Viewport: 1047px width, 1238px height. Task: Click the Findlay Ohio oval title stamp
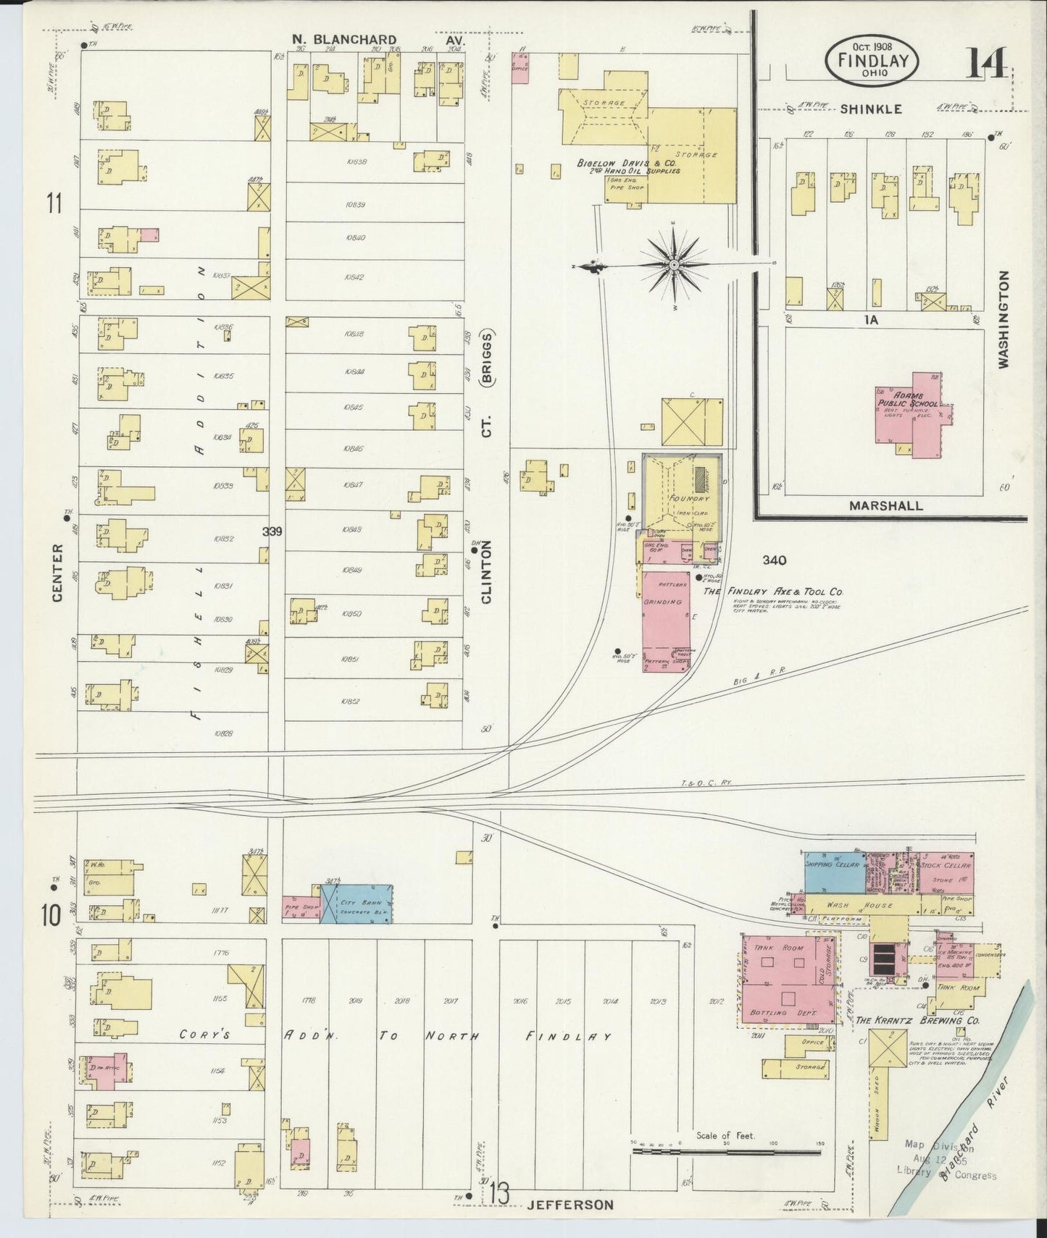[x=872, y=60]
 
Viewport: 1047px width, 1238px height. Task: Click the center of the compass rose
[x=674, y=265]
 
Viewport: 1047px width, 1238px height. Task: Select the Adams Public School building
[x=914, y=414]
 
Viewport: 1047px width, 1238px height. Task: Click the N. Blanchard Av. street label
[x=344, y=40]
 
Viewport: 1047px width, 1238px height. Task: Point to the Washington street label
[x=1004, y=319]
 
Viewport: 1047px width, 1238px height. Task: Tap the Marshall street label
[x=885, y=506]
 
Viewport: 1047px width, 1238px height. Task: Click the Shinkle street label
[x=871, y=109]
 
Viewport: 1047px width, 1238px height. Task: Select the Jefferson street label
[x=570, y=1205]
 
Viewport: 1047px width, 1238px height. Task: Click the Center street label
[x=57, y=573]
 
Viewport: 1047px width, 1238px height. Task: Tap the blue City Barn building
[x=364, y=904]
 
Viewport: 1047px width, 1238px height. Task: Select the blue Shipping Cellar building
[x=834, y=874]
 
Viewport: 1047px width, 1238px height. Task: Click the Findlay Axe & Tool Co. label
[x=774, y=591]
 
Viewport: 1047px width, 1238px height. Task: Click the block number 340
[x=774, y=560]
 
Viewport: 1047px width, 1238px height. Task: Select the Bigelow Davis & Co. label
[x=627, y=164]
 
